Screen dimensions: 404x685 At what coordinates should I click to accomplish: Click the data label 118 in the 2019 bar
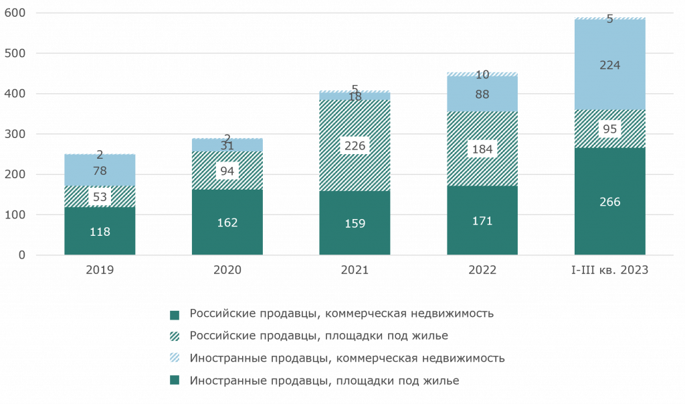pyautogui.click(x=100, y=232)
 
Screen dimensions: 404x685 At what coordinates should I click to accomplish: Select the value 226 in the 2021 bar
pyautogui.click(x=355, y=146)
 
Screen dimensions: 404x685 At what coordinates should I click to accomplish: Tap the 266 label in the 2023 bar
pyautogui.click(x=609, y=202)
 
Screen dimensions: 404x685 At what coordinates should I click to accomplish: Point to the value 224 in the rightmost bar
pyautogui.click(x=609, y=65)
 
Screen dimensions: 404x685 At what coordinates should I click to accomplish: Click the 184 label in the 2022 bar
pyautogui.click(x=482, y=149)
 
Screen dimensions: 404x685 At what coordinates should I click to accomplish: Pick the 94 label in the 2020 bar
pyautogui.click(x=227, y=172)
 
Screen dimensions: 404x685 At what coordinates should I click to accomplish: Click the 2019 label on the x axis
pyautogui.click(x=100, y=270)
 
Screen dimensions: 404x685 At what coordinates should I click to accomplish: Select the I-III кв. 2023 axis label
pyautogui.click(x=609, y=270)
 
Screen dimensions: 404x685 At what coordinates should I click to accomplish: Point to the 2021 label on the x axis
pyautogui.click(x=355, y=270)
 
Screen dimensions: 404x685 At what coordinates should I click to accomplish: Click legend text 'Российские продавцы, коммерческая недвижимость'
pyautogui.click(x=342, y=314)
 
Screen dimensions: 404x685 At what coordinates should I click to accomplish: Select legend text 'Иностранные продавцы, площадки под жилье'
pyautogui.click(x=324, y=381)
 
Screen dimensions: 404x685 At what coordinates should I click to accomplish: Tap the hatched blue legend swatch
pyautogui.click(x=175, y=358)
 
